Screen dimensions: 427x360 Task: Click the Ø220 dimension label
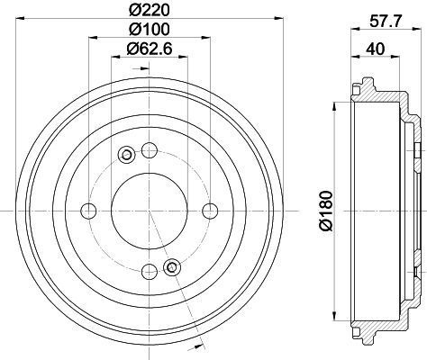(x=150, y=11)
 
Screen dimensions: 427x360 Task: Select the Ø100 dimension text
(x=150, y=29)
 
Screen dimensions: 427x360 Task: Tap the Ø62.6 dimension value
(x=150, y=49)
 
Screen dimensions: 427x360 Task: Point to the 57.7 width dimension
(x=386, y=22)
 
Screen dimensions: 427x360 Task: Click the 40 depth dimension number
(x=375, y=49)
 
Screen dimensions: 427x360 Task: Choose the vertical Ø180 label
(x=326, y=211)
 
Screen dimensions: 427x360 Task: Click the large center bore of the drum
(x=150, y=211)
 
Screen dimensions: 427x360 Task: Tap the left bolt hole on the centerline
(x=88, y=211)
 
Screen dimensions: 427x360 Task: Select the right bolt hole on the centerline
(x=210, y=211)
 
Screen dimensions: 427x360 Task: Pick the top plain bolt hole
(x=150, y=150)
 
